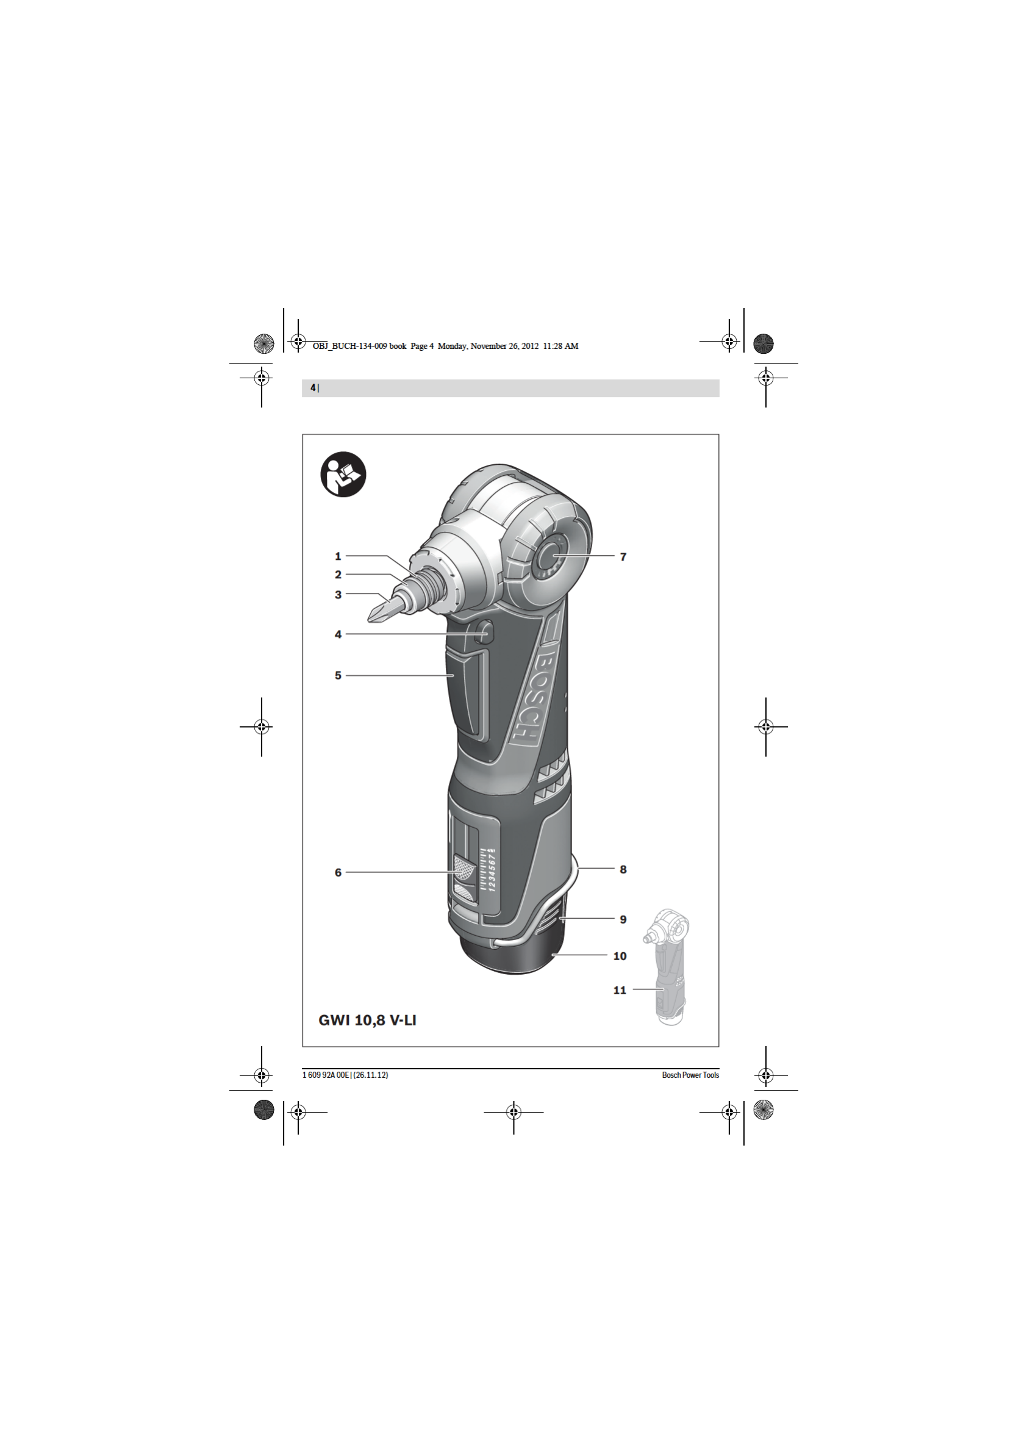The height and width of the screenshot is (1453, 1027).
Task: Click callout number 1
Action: [x=338, y=556]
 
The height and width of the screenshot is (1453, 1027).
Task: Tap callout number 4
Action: [x=338, y=634]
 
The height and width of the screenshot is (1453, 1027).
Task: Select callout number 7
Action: [x=623, y=557]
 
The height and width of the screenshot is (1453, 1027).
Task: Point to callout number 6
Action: [x=338, y=873]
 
